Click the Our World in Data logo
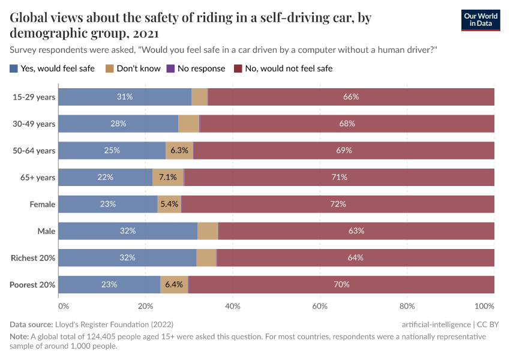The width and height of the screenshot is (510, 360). [480, 20]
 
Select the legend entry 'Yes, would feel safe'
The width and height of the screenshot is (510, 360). [52, 68]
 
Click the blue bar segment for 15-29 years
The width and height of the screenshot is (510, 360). [125, 97]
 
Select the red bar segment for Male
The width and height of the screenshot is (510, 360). [356, 231]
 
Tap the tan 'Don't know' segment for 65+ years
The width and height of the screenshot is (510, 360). [168, 177]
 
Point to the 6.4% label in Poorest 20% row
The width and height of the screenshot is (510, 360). [174, 284]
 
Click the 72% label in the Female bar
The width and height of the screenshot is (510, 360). [338, 204]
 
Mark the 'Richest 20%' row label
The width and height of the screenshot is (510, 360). [33, 258]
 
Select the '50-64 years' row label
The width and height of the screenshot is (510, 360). [34, 151]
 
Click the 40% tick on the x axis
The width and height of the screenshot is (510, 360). [233, 307]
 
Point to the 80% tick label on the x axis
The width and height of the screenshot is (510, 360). [407, 307]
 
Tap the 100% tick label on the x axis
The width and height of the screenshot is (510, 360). [483, 307]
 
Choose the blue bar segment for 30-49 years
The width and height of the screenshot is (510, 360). [118, 124]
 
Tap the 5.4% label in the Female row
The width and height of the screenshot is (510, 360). [169, 204]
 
